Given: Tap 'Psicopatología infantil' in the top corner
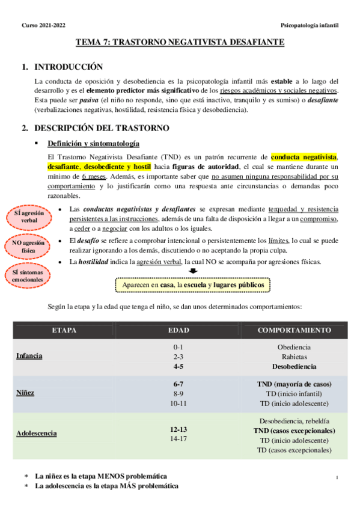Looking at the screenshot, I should (x=310, y=25).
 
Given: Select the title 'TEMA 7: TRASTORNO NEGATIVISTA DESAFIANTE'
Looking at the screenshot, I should (x=180, y=43).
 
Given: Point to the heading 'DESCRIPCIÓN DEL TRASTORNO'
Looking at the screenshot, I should (x=102, y=128).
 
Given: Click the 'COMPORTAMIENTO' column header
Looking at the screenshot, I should (x=294, y=330).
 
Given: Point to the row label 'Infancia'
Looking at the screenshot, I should (x=29, y=355).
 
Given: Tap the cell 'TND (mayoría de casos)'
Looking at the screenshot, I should (x=294, y=383).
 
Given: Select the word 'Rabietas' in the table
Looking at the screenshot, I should (x=294, y=356).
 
